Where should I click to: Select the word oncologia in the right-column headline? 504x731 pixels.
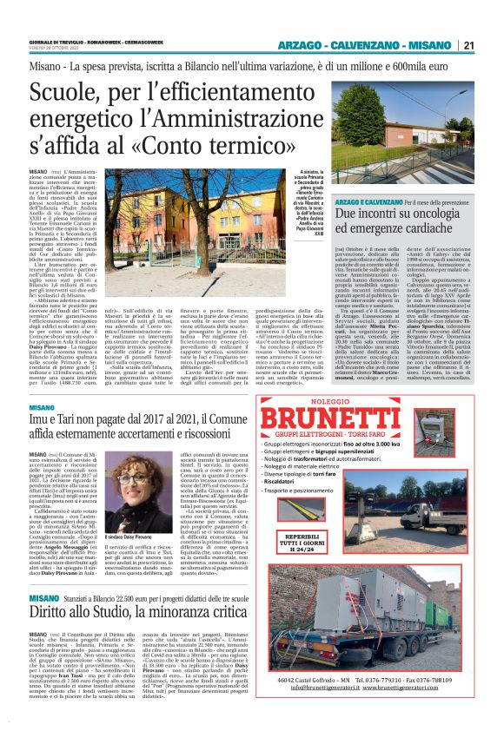[408, 211]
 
